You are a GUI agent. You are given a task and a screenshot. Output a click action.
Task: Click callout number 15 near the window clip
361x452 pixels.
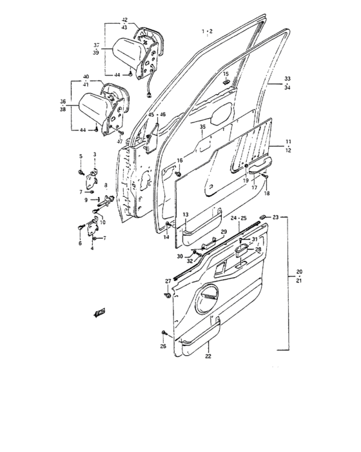[225, 74]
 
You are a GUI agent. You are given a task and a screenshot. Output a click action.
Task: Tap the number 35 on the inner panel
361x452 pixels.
[202, 128]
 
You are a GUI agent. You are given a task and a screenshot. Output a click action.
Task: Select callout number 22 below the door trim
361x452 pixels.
[209, 356]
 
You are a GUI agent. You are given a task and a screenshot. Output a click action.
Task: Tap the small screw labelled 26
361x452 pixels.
[164, 334]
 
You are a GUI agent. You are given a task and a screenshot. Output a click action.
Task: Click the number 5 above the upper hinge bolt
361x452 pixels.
[81, 156]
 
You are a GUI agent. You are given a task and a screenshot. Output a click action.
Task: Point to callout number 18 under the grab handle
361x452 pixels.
[268, 193]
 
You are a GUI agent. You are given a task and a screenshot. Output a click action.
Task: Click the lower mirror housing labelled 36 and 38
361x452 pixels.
[94, 106]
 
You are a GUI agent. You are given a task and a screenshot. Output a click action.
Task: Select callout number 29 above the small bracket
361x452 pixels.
[224, 232]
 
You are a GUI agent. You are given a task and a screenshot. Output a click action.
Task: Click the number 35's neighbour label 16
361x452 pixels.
[179, 160]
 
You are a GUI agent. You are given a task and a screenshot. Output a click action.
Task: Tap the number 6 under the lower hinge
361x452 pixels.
[80, 243]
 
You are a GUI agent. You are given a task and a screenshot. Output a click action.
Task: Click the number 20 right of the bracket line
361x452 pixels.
[299, 271]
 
